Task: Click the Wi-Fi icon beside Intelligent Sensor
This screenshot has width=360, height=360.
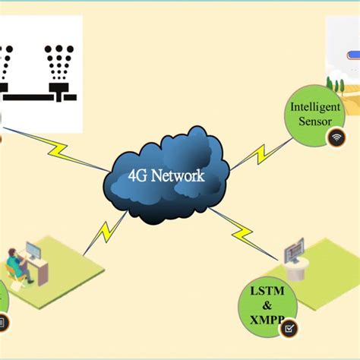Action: click(x=335, y=137)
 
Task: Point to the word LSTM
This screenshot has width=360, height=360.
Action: click(x=268, y=292)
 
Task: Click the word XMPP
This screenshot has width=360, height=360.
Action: click(x=268, y=321)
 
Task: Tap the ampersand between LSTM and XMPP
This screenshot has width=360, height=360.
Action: click(x=268, y=306)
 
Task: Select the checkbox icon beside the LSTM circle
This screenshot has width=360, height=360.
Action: click(x=289, y=329)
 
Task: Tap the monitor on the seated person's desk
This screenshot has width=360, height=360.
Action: click(x=33, y=251)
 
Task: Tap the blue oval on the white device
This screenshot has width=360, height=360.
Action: click(x=352, y=55)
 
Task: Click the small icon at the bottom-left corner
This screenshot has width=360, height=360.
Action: click(x=2, y=322)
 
